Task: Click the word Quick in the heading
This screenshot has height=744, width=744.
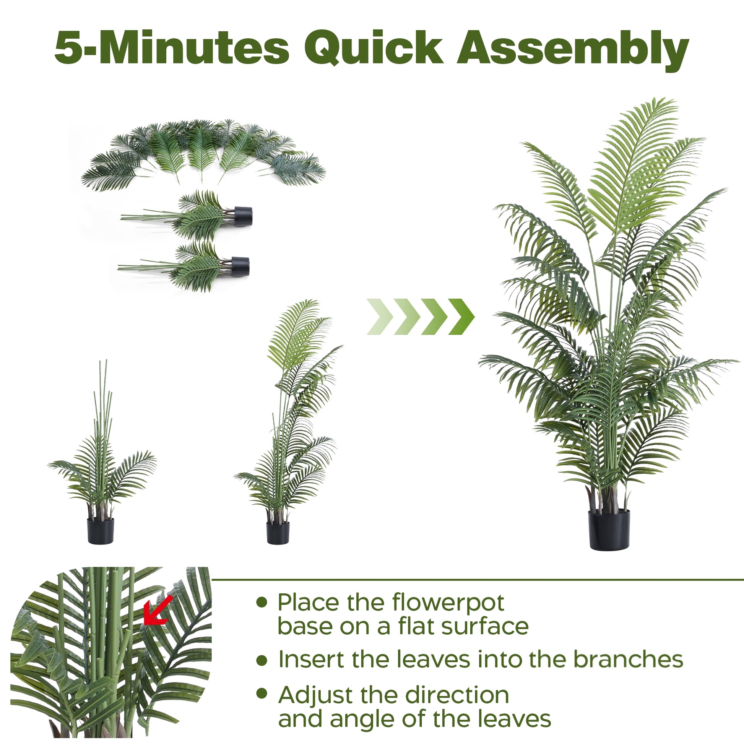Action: coord(374,48)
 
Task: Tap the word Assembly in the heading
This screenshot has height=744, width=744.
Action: coord(573,50)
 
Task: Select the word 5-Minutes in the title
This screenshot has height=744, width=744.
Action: coord(172,48)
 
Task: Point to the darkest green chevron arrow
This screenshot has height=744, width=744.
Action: coord(461,317)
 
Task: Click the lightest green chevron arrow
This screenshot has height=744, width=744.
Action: coord(380,317)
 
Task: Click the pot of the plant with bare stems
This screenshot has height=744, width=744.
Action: coord(101,531)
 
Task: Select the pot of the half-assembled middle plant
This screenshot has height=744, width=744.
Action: coord(278,533)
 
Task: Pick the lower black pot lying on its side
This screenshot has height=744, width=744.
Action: coord(240,266)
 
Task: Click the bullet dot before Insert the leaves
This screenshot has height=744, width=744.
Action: coord(262,661)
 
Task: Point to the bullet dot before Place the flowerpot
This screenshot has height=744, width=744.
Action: coord(262,602)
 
